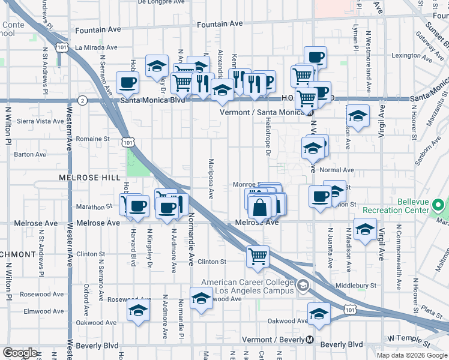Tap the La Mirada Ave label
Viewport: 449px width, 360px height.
click(95, 47)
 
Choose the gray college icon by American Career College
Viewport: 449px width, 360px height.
click(304, 285)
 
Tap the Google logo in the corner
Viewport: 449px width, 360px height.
click(20, 353)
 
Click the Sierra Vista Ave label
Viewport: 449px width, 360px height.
click(40, 121)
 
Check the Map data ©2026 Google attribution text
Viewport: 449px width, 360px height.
click(411, 355)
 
